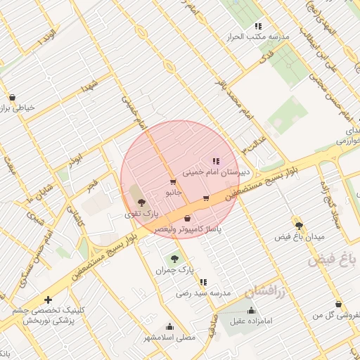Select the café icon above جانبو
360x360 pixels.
point(173,182)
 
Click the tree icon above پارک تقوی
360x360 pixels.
point(142,202)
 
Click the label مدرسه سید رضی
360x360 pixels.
point(204,292)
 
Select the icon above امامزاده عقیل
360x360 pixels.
point(251,310)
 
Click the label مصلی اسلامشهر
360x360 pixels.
point(169,337)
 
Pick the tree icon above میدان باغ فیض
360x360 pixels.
point(300,225)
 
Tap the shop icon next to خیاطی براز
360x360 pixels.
point(13,98)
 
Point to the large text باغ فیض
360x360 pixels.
point(332,260)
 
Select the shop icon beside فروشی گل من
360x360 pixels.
point(339,304)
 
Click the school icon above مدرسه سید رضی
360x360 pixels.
point(204,283)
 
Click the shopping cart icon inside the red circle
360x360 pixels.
point(206,198)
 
